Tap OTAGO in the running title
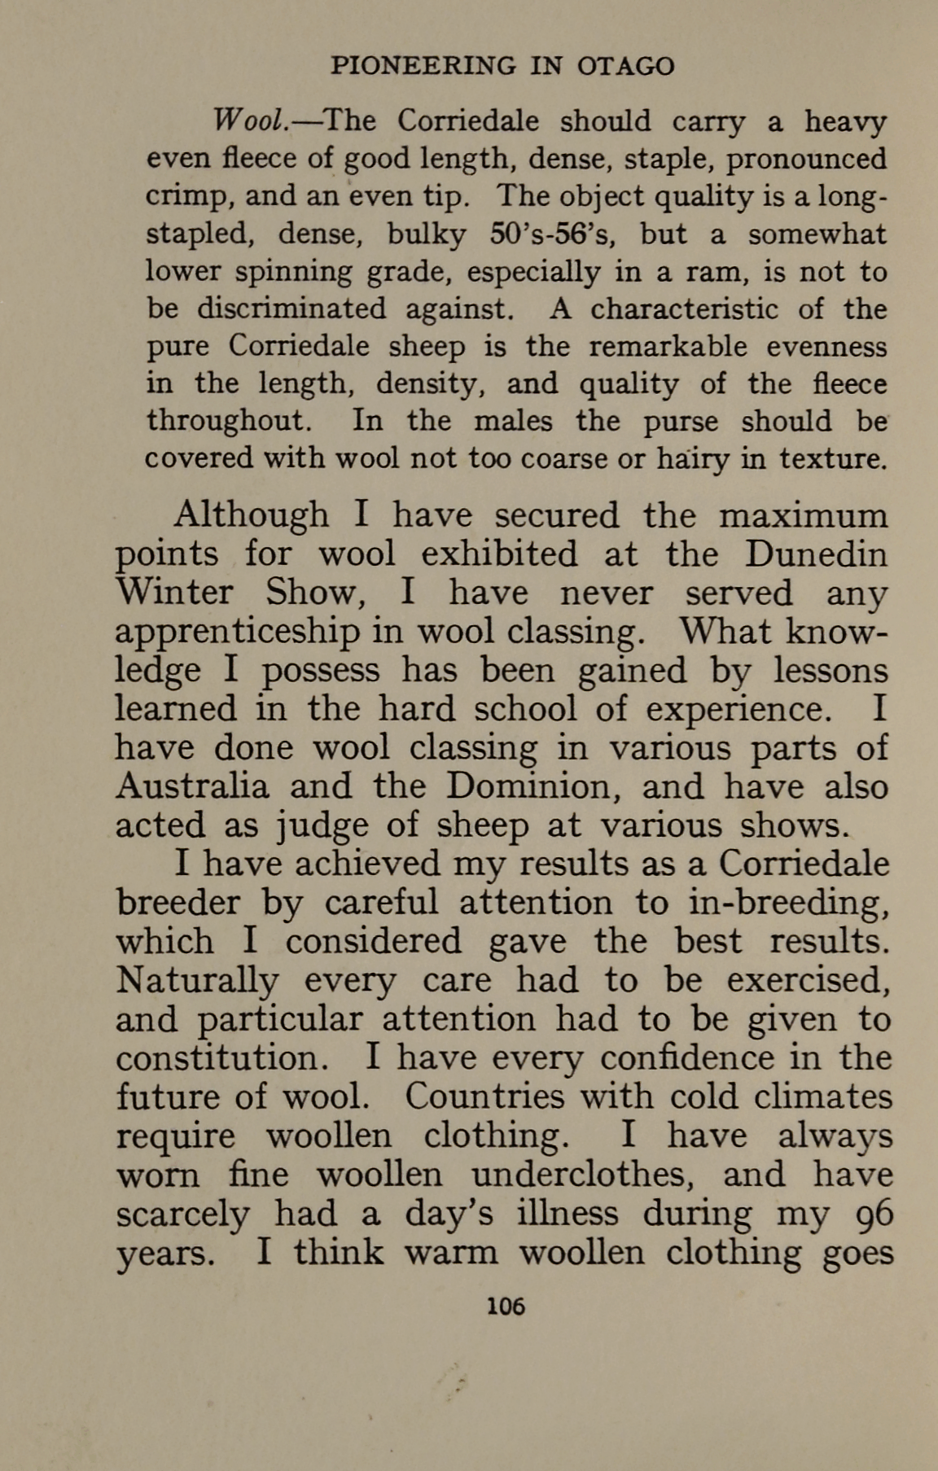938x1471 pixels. pyautogui.click(x=625, y=65)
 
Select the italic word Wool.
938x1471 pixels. pyautogui.click(x=247, y=121)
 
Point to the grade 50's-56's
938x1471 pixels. pyautogui.click(x=554, y=234)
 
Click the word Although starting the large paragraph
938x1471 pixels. pyautogui.click(x=252, y=514)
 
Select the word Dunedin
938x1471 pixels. pyautogui.click(x=816, y=554)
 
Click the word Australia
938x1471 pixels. pyautogui.click(x=192, y=786)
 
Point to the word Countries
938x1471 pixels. pyautogui.click(x=484, y=1096)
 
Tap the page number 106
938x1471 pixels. pyautogui.click(x=505, y=1307)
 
